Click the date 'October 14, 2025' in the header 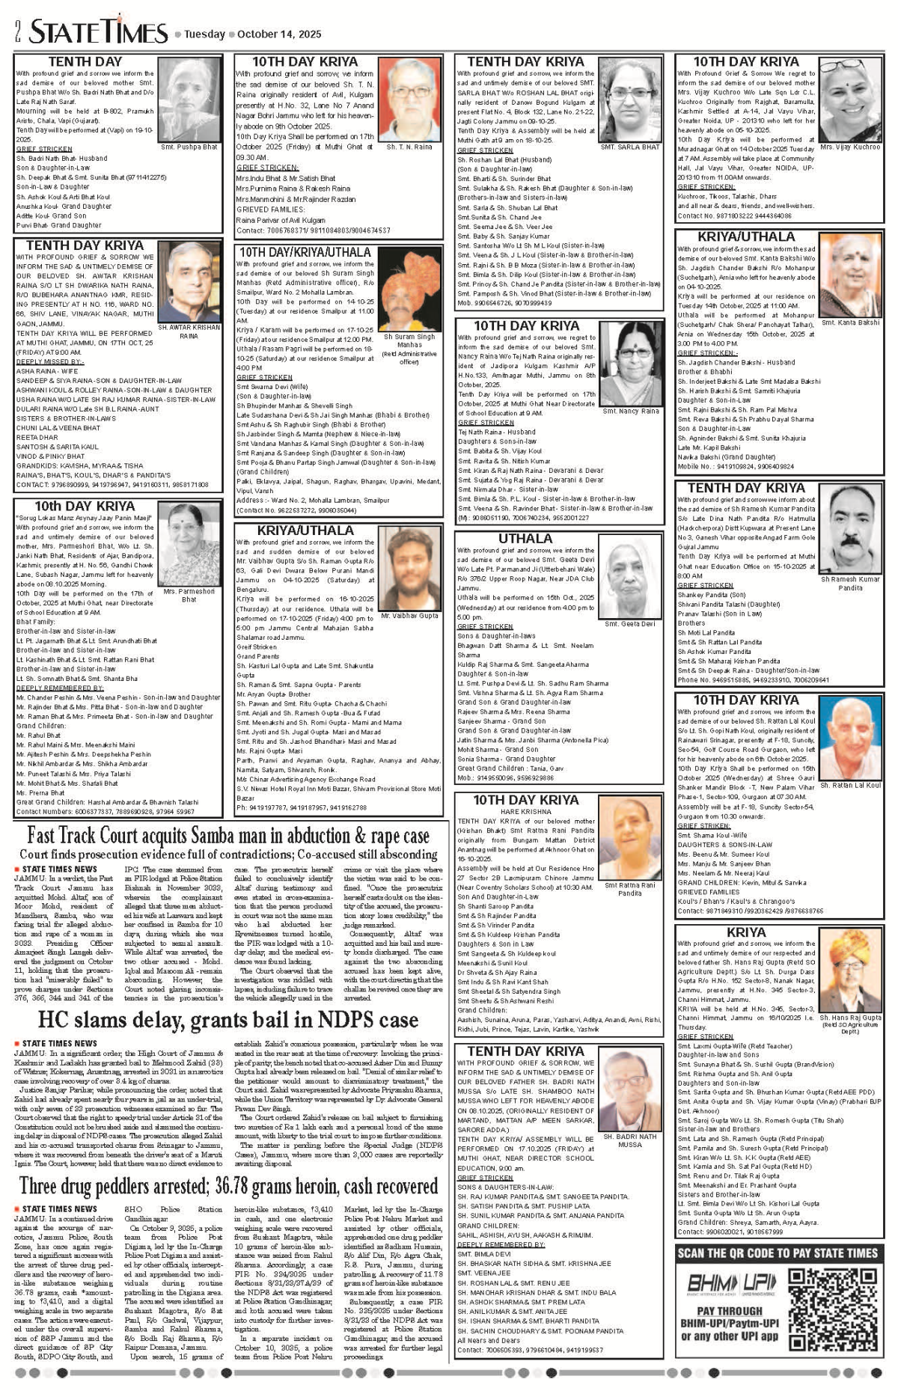click(x=279, y=34)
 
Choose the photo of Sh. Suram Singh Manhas click(x=409, y=292)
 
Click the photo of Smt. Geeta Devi click(x=629, y=580)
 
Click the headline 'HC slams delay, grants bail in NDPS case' click(x=228, y=1020)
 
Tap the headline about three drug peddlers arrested click(x=228, y=1185)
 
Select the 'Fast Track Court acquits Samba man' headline click(x=228, y=835)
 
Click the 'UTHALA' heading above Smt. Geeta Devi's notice click(x=525, y=538)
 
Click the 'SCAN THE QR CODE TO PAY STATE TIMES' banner click(x=777, y=1253)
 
